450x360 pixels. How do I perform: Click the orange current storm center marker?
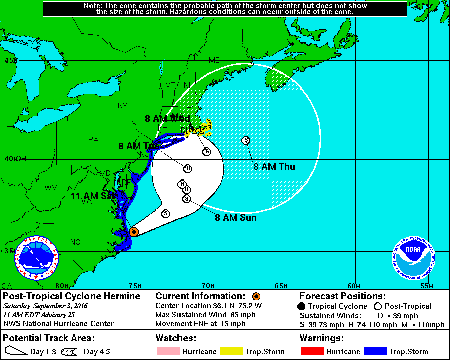pyautogui.click(x=134, y=232)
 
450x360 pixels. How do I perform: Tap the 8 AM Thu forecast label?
pyautogui.click(x=274, y=167)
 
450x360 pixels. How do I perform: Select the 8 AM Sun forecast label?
pyautogui.click(x=236, y=218)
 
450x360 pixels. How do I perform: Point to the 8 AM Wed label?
pyautogui.click(x=167, y=119)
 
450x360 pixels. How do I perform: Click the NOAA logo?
pyautogui.click(x=414, y=257)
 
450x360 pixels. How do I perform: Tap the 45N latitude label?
pyautogui.click(x=11, y=61)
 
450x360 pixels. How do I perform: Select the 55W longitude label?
pyautogui.click(x=426, y=286)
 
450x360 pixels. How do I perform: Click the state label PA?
pyautogui.click(x=93, y=140)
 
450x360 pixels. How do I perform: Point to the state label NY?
pyautogui.click(x=123, y=105)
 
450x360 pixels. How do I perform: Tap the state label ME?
pyautogui.click(x=214, y=60)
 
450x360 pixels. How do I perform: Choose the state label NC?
pyautogui.click(x=75, y=242)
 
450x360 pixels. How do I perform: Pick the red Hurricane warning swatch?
pyautogui.click(x=311, y=351)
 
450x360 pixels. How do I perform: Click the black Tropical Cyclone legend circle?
pyautogui.click(x=301, y=306)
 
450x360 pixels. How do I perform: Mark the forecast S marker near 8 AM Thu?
pyautogui.click(x=246, y=140)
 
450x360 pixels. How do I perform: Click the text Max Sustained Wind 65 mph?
pyautogui.click(x=206, y=315)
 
